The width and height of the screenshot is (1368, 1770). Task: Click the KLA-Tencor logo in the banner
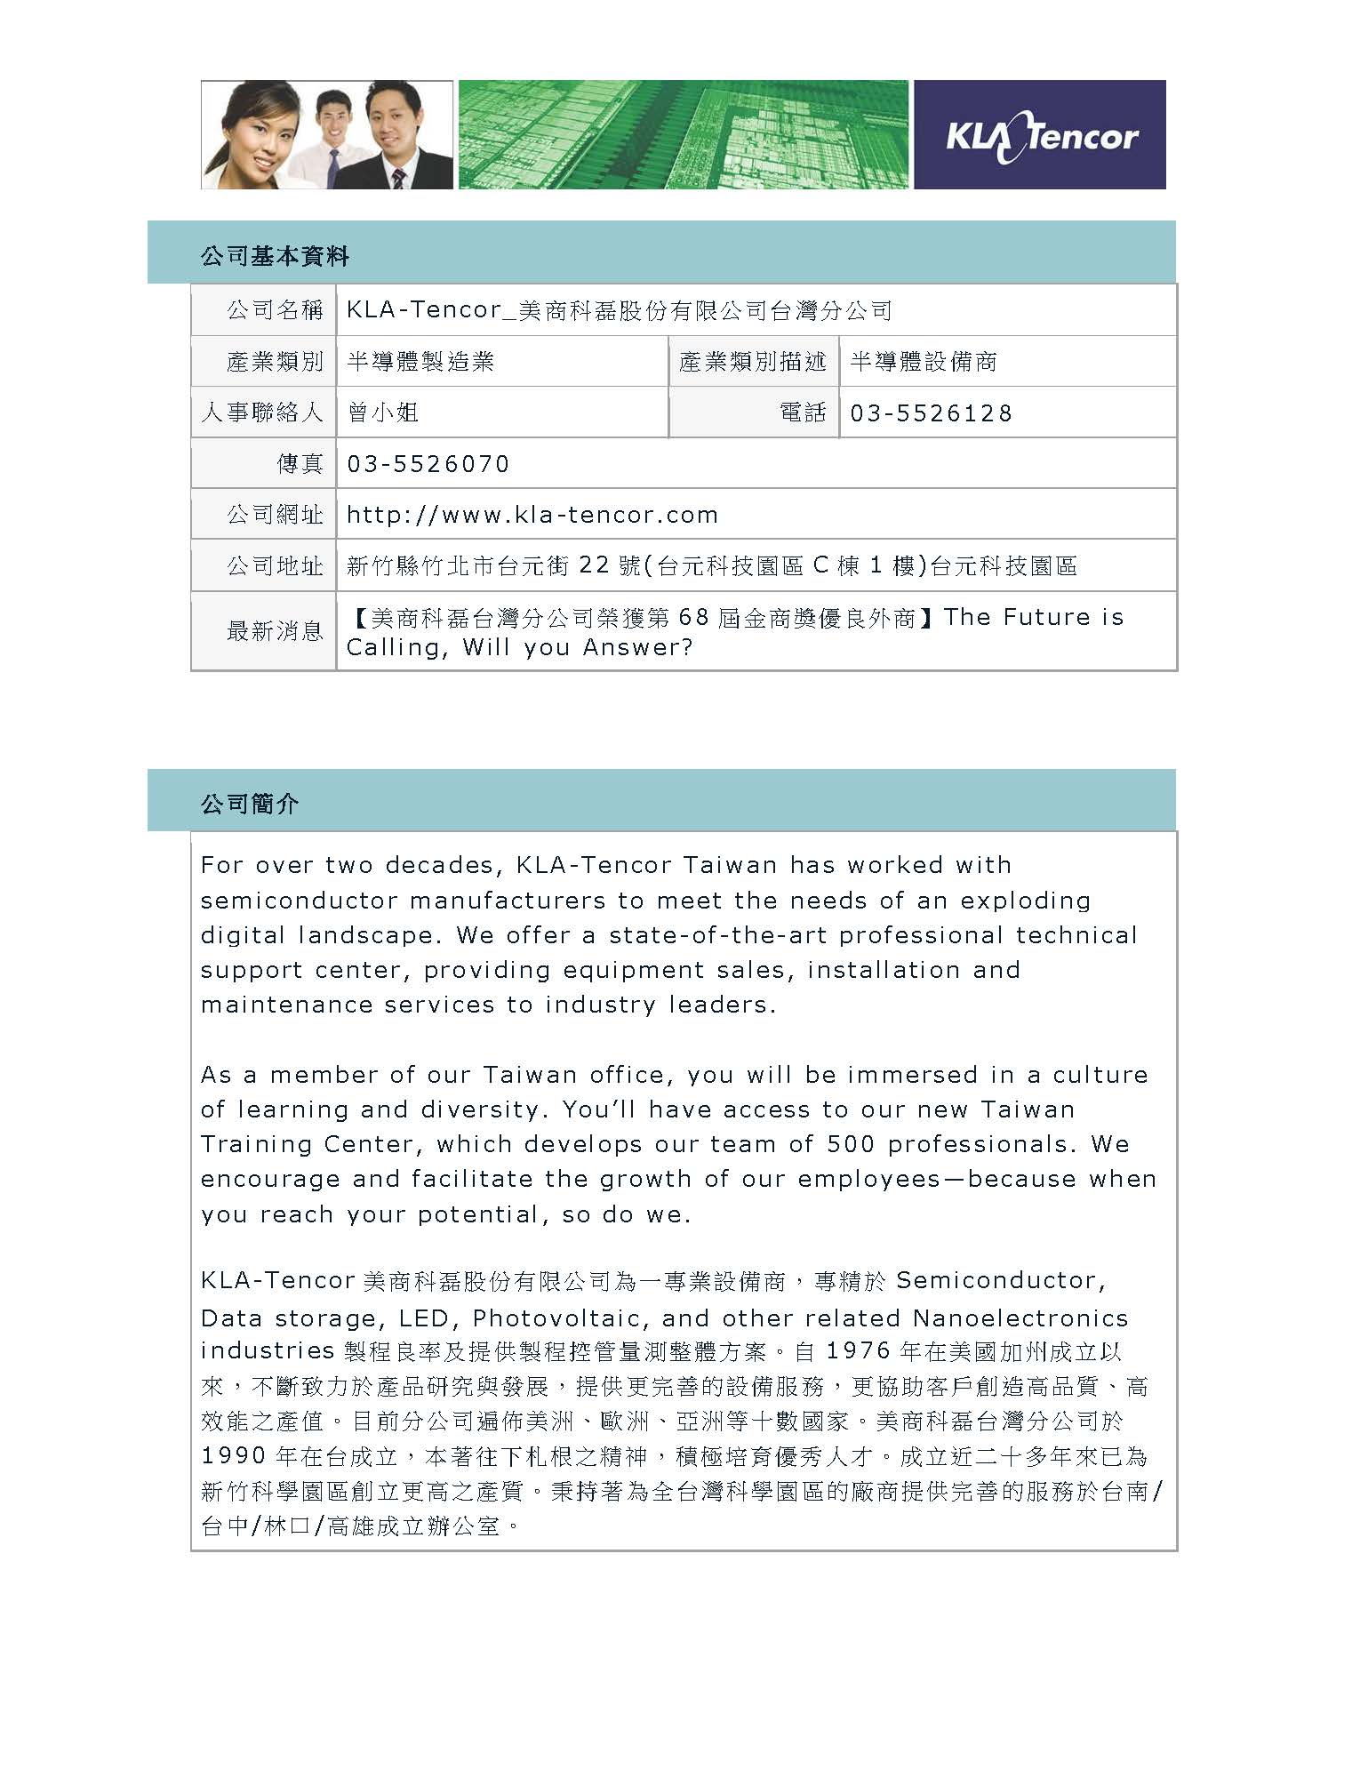pyautogui.click(x=1040, y=136)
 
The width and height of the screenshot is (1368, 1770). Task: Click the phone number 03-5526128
pyautogui.click(x=931, y=413)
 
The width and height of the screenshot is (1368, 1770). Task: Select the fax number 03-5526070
pyautogui.click(x=428, y=464)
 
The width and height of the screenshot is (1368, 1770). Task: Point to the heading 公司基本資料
pyautogui.click(x=275, y=257)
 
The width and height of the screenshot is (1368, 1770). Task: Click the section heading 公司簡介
pyautogui.click(x=250, y=805)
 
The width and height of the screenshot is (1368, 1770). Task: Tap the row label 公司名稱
pyautogui.click(x=275, y=310)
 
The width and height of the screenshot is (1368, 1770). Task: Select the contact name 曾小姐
pyautogui.click(x=382, y=412)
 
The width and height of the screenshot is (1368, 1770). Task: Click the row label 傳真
pyautogui.click(x=300, y=464)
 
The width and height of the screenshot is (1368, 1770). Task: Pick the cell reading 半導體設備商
pyautogui.click(x=923, y=362)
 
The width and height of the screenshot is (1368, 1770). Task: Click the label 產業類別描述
pyautogui.click(x=752, y=362)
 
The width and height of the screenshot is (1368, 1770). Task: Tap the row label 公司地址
pyautogui.click(x=275, y=566)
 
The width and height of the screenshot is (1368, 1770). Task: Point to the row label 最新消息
pyautogui.click(x=275, y=631)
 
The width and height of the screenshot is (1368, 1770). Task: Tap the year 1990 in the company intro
pyautogui.click(x=234, y=1456)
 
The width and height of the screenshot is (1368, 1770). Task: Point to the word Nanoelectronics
pyautogui.click(x=1020, y=1317)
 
